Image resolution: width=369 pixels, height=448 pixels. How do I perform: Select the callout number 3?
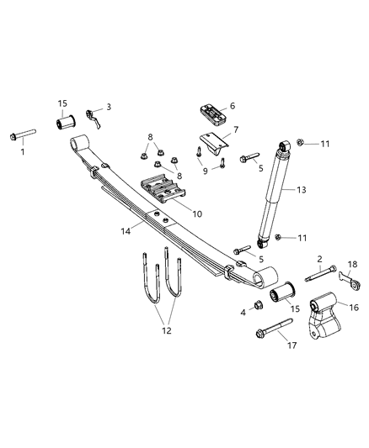coord(108,109)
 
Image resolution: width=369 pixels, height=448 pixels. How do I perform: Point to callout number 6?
coord(232,107)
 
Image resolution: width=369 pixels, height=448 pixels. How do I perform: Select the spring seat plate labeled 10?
coord(161,192)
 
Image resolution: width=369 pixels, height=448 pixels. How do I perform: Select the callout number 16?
coord(353,308)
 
